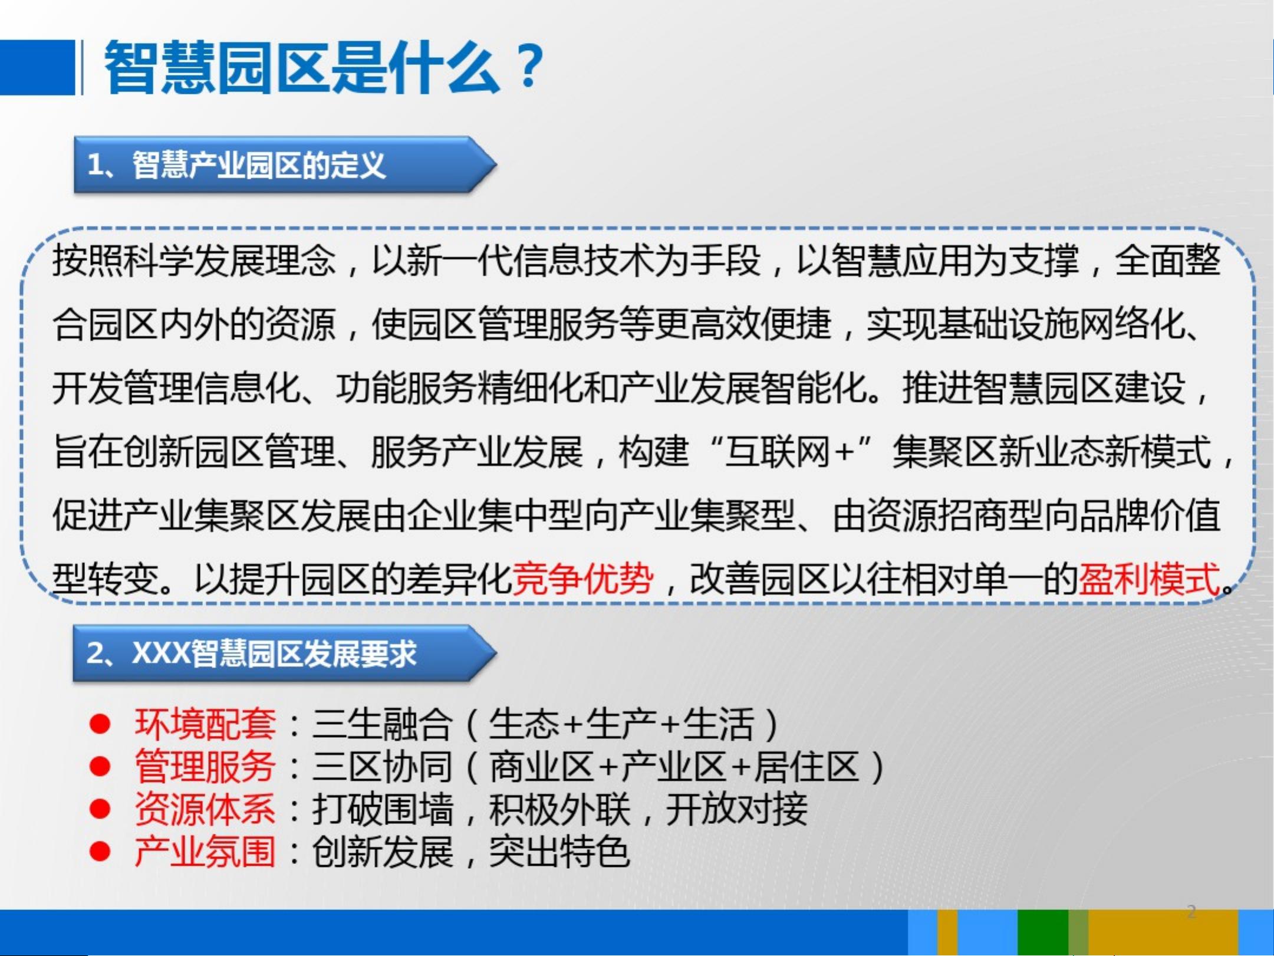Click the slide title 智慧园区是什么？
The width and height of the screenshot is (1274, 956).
pyautogui.click(x=324, y=67)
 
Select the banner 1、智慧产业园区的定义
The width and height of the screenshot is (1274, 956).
pyautogui.click(x=285, y=165)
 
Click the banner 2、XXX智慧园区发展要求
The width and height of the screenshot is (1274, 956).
pyautogui.click(x=285, y=653)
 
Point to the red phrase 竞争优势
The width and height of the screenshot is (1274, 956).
pyautogui.click(x=582, y=578)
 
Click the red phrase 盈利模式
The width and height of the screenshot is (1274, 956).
pyautogui.click(x=1149, y=578)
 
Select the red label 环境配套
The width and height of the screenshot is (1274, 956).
pyautogui.click(x=205, y=723)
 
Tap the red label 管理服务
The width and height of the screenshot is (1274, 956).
pyautogui.click(x=205, y=766)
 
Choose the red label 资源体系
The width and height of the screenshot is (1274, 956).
pyautogui.click(x=205, y=809)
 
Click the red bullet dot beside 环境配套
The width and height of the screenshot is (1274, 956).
pyautogui.click(x=100, y=724)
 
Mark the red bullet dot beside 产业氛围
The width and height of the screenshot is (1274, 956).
pyautogui.click(x=100, y=852)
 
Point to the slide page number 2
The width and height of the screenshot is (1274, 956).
pyautogui.click(x=1191, y=911)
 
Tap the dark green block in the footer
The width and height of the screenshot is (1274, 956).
pyautogui.click(x=1043, y=932)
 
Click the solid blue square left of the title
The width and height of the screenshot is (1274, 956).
pyautogui.click(x=37, y=67)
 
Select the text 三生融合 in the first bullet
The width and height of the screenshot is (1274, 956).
pyautogui.click(x=382, y=723)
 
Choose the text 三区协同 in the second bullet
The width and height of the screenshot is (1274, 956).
pyautogui.click(x=382, y=766)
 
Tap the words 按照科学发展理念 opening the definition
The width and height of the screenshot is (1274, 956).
pyautogui.click(x=194, y=260)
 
